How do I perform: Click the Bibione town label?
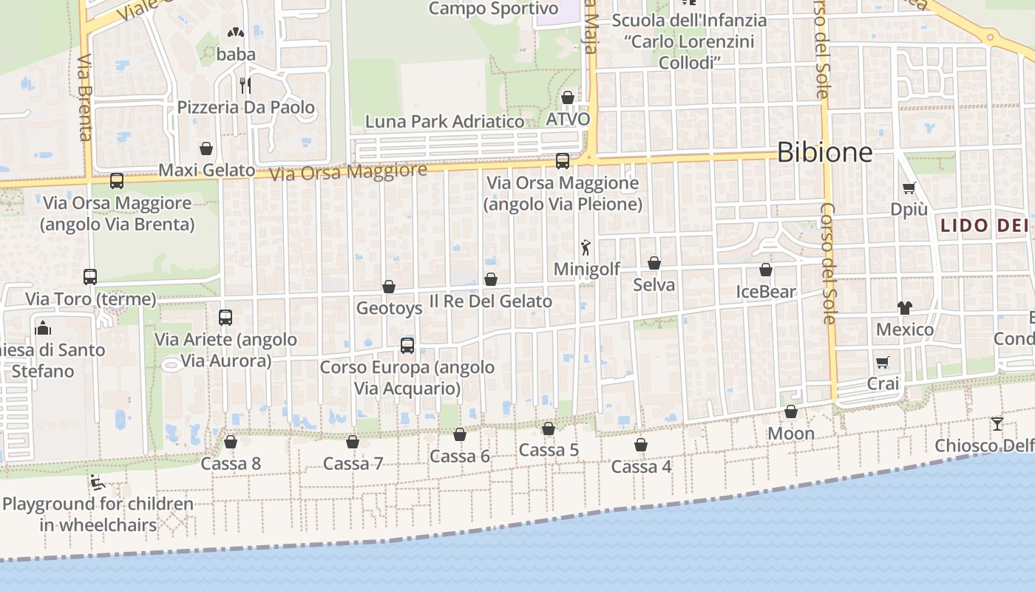[x=824, y=153]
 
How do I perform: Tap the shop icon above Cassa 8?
[x=231, y=442]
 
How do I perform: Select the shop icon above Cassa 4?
[x=641, y=445]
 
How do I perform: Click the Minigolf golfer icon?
[x=586, y=248]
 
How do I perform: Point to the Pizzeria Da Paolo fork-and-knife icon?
[x=245, y=86]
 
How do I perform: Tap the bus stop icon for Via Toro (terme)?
[x=90, y=277]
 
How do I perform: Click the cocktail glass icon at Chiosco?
[x=997, y=423]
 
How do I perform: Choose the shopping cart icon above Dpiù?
[x=909, y=188]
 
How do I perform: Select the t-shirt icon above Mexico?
[x=905, y=307]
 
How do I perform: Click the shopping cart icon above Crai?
[x=883, y=362]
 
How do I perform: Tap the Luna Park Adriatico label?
[x=445, y=121]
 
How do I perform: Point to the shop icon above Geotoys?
[x=389, y=287]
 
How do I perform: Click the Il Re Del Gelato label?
[x=491, y=301]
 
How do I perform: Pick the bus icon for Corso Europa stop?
[x=407, y=345]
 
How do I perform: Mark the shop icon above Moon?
[x=791, y=411]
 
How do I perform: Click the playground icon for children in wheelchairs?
[x=98, y=483]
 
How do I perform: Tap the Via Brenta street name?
[x=84, y=97]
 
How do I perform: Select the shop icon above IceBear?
[x=766, y=270]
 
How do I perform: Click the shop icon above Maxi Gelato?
[x=206, y=148]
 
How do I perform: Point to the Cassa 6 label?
[x=460, y=456]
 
